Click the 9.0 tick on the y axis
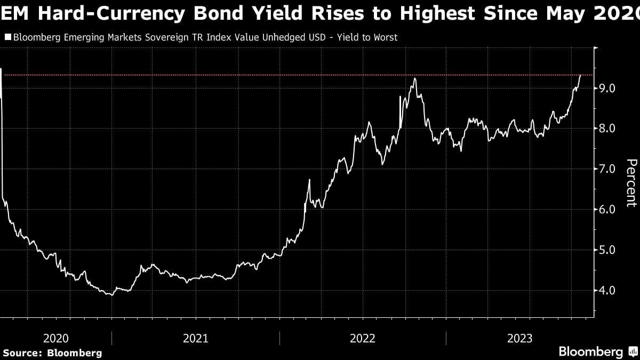(608, 88)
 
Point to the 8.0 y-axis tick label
(608, 129)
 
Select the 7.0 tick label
(608, 169)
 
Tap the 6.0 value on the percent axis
(608, 210)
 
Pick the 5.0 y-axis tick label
(608, 250)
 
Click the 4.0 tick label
(608, 291)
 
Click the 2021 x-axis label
(195, 338)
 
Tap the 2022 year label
(363, 338)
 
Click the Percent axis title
(631, 182)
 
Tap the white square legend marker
(7, 38)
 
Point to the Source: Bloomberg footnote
(52, 353)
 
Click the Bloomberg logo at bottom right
(590, 352)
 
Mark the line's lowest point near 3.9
(110, 295)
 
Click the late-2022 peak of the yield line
(414, 78)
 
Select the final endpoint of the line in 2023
(580, 76)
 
